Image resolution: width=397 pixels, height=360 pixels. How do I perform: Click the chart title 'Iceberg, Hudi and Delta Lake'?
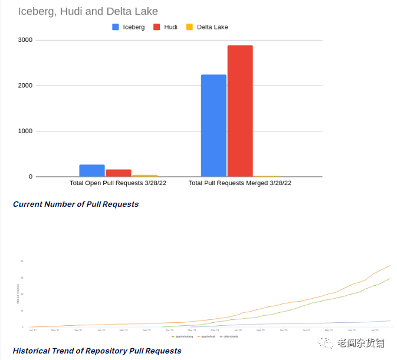[x=88, y=11]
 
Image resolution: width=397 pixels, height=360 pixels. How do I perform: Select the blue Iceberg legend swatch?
[x=116, y=27]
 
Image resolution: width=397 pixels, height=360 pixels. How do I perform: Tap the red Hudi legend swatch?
[x=157, y=27]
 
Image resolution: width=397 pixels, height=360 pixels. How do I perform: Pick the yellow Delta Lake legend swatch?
[x=189, y=27]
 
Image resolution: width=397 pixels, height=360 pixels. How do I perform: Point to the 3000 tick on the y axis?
[x=25, y=40]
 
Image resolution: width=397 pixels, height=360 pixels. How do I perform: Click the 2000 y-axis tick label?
[x=25, y=85]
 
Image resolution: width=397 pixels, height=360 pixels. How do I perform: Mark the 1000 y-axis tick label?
[x=25, y=131]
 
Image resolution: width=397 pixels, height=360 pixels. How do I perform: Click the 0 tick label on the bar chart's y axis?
[x=30, y=177]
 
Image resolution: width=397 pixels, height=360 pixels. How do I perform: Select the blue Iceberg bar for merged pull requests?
[x=214, y=125]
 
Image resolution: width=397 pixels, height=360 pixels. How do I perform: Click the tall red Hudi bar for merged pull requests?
[x=240, y=111]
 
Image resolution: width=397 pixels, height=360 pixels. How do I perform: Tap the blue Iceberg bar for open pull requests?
[x=92, y=170]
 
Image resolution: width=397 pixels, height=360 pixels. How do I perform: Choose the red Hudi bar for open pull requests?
[x=119, y=173]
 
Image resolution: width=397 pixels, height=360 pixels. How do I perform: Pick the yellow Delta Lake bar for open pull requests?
[x=145, y=176]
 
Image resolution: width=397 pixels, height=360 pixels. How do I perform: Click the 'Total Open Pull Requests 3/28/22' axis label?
[x=118, y=183]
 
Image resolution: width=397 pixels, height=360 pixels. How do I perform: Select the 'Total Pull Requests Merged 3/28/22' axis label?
[x=240, y=183]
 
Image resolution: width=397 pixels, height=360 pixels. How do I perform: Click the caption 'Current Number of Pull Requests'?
[x=76, y=204]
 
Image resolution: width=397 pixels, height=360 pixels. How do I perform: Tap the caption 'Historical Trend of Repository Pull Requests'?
[x=97, y=351]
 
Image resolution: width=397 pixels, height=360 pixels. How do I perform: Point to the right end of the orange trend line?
[x=390, y=265]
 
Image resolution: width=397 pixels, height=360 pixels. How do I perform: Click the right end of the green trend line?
[x=390, y=279]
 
